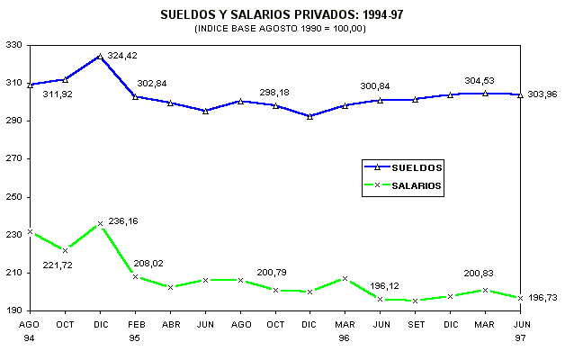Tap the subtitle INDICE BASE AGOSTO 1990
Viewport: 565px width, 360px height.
(282, 29)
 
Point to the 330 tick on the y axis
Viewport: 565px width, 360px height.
(15, 44)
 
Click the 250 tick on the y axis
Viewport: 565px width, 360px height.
(15, 196)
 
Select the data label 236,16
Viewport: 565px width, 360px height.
(122, 220)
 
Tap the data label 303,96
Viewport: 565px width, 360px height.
(542, 94)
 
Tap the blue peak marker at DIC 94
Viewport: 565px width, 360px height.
(100, 56)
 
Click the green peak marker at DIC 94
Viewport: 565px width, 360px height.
(100, 223)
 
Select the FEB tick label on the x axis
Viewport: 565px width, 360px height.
(135, 324)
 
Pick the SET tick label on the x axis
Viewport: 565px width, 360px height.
(415, 324)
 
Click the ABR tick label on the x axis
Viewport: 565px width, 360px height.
(170, 324)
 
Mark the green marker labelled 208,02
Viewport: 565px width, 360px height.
(135, 276)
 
